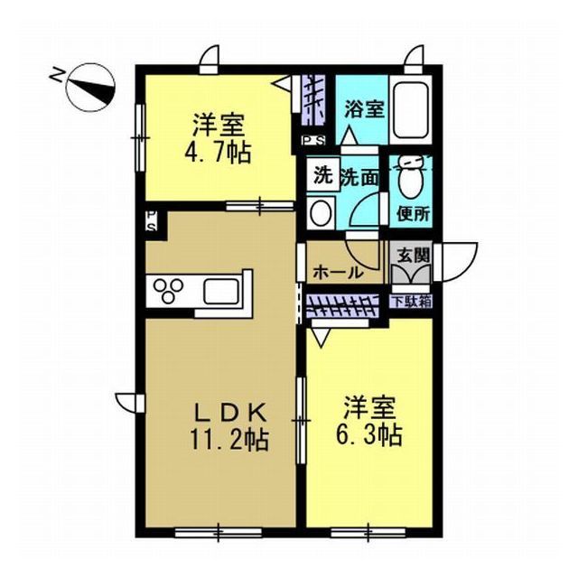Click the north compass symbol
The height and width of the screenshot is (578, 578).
point(89,88)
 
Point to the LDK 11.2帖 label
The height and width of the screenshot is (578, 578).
point(229,427)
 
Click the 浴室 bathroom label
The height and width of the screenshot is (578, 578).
point(365,108)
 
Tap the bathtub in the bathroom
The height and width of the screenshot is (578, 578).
point(410,110)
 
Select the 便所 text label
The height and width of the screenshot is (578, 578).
point(414,213)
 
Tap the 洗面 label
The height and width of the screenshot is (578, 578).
point(359,178)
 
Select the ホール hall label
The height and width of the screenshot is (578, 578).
point(338,273)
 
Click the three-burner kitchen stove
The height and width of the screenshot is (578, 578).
point(169,290)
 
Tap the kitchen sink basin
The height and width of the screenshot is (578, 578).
point(221,291)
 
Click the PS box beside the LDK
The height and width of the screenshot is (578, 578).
point(153,221)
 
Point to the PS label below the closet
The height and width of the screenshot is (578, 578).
point(313,140)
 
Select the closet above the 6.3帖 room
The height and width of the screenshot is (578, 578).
point(342,306)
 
